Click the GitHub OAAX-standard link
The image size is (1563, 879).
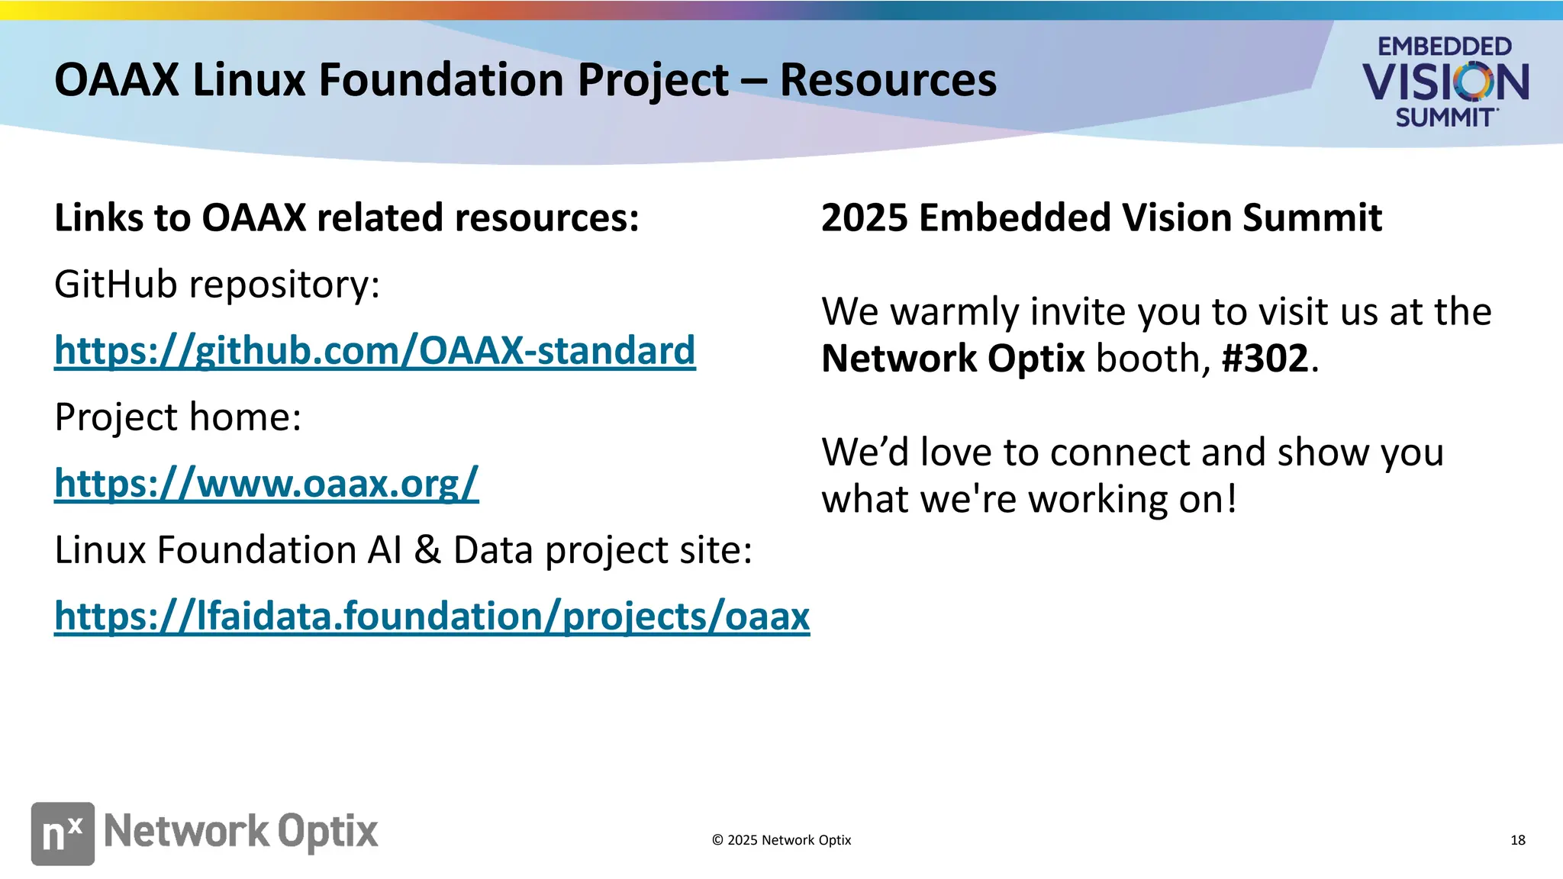click(374, 351)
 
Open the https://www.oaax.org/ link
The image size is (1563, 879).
click(266, 484)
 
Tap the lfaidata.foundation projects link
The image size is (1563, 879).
click(431, 616)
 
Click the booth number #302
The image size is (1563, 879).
click(1265, 359)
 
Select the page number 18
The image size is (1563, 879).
click(1517, 840)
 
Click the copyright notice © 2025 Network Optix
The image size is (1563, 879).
click(781, 840)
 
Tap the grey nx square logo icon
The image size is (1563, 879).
click(63, 833)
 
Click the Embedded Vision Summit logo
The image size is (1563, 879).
click(1445, 82)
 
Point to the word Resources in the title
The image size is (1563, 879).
click(888, 80)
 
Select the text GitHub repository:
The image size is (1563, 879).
click(217, 285)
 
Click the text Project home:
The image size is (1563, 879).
click(178, 417)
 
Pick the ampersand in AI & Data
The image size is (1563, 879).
click(427, 550)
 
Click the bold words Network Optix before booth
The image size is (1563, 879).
click(952, 359)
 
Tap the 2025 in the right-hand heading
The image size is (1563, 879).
click(864, 218)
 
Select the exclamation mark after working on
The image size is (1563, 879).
click(1230, 500)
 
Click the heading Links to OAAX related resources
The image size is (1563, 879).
click(346, 218)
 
